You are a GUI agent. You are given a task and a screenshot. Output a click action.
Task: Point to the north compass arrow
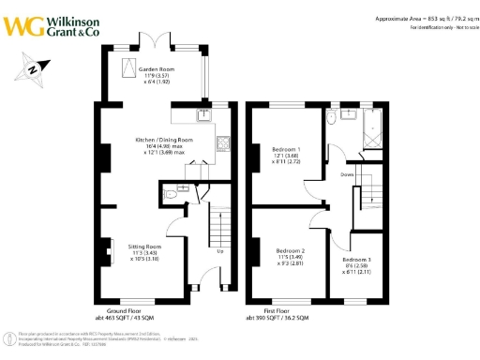[x=34, y=68]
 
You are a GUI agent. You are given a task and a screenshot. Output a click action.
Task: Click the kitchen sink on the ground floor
[x=203, y=116]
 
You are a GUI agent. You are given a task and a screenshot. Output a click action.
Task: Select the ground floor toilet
[x=170, y=196]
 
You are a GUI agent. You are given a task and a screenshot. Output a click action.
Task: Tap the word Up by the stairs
[x=219, y=251]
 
